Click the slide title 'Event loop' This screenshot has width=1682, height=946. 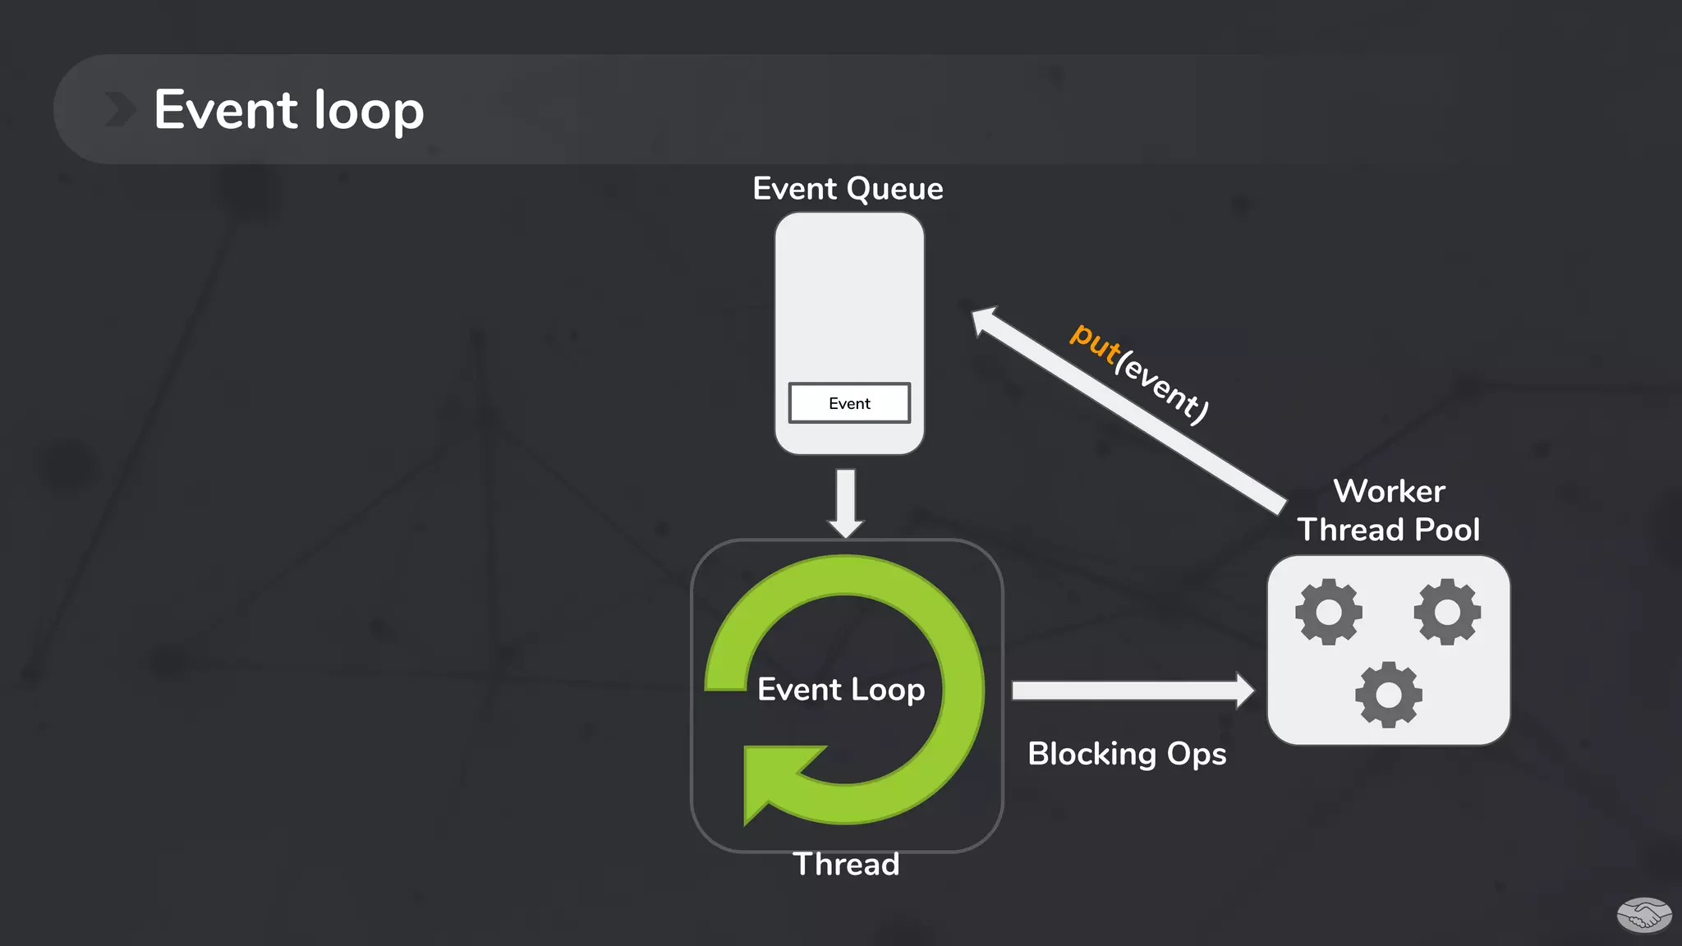[x=288, y=110]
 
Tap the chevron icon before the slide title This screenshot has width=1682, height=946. [x=120, y=110]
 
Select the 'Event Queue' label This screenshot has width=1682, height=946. [x=848, y=189]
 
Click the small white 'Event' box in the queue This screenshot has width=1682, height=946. [x=849, y=403]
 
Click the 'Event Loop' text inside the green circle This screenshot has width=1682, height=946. [x=841, y=690]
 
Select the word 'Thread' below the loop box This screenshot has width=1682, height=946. [x=846, y=865]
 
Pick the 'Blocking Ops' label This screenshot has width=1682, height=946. [x=1127, y=754]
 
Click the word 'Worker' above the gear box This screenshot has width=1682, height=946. [x=1389, y=491]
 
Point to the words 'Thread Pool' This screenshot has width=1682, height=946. [x=1389, y=530]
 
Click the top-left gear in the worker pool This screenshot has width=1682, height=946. [x=1329, y=612]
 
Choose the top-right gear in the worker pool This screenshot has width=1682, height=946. [x=1447, y=612]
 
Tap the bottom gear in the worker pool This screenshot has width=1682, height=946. [x=1389, y=695]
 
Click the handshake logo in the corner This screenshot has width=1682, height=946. [x=1643, y=915]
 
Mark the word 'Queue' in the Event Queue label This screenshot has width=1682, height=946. [x=894, y=190]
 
